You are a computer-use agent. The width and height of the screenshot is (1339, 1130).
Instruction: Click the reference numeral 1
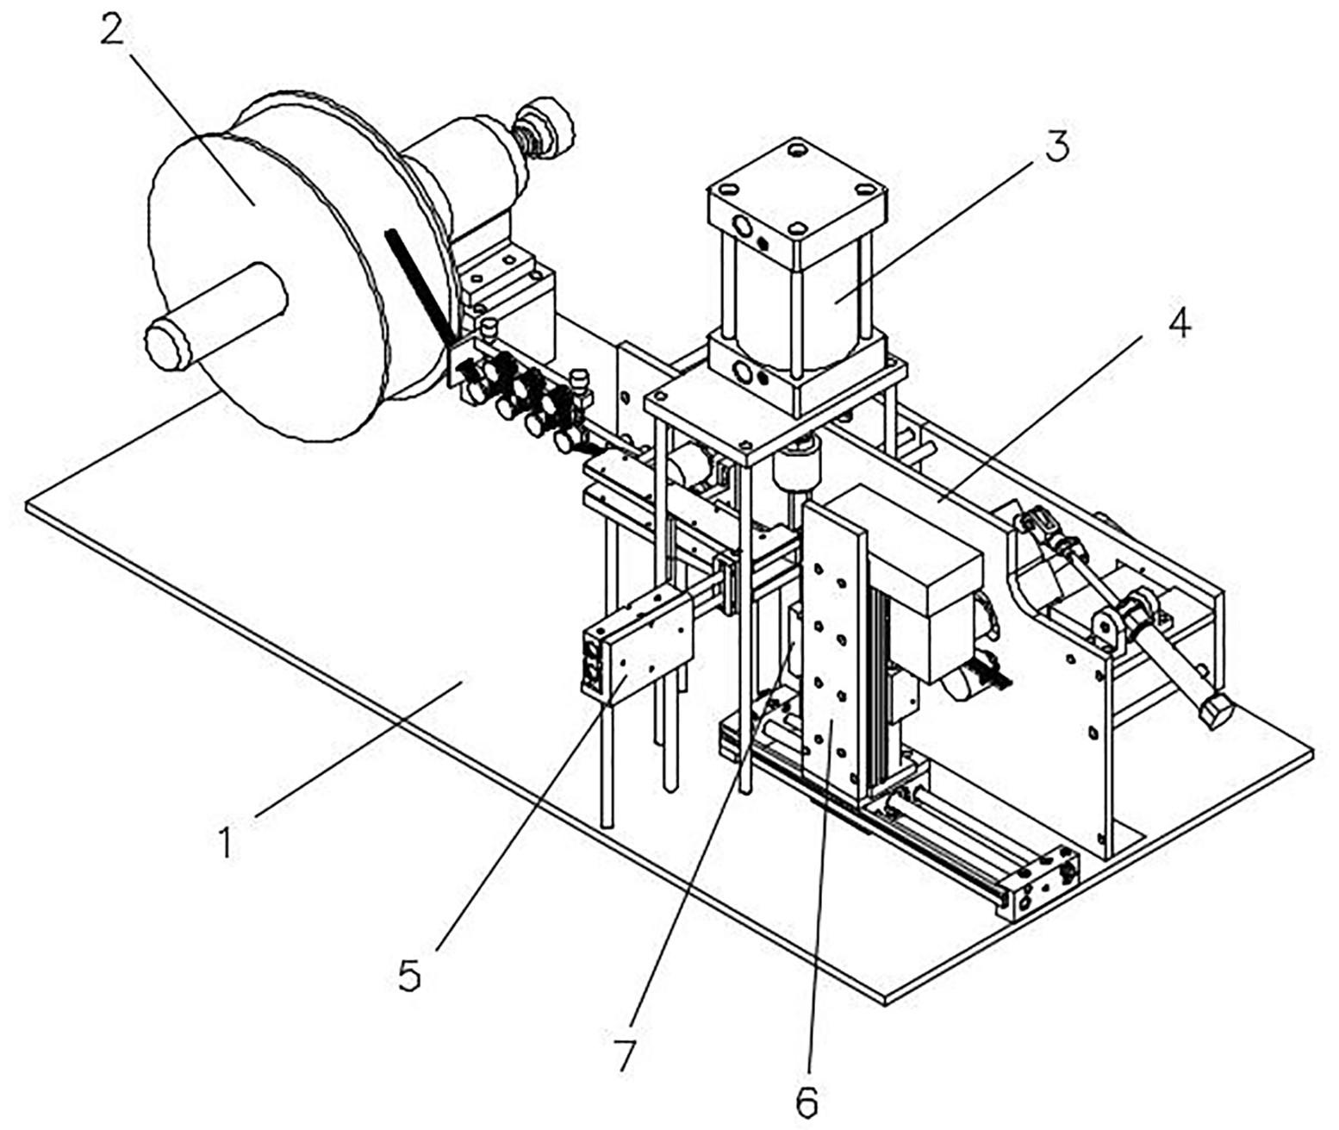point(227,842)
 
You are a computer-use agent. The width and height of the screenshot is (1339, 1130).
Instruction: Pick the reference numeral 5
point(410,977)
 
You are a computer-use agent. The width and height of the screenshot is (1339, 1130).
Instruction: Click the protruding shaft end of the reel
point(168,346)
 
